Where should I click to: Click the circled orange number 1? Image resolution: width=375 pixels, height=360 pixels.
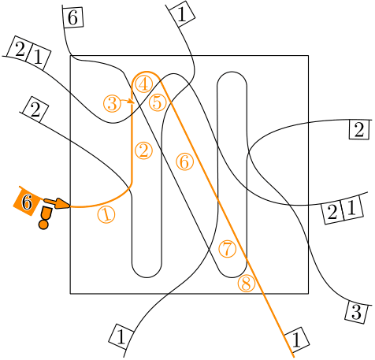[x=106, y=214]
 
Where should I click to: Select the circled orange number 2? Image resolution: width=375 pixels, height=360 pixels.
[x=143, y=150]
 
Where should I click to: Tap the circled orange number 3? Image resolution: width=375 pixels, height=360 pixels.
[x=112, y=103]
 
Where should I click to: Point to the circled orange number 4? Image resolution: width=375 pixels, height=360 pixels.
[x=144, y=84]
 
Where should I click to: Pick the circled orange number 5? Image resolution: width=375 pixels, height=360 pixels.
[x=158, y=102]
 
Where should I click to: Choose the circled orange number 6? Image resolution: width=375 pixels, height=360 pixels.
[x=185, y=161]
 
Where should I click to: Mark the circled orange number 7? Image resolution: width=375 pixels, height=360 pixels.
[x=228, y=249]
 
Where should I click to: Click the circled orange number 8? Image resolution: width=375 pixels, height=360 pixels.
[x=247, y=284]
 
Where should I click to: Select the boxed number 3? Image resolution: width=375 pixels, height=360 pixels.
[x=356, y=313]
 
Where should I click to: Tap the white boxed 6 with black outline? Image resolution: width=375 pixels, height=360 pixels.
[x=73, y=17]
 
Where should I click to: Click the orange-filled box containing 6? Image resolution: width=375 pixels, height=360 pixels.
[x=26, y=202]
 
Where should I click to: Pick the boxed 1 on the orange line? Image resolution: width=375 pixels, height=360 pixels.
[x=296, y=340]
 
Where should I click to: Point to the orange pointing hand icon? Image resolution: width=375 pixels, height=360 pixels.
[x=57, y=203]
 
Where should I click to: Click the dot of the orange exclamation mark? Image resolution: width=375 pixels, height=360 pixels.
[x=43, y=225]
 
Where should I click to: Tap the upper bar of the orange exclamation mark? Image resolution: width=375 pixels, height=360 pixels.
[x=46, y=213]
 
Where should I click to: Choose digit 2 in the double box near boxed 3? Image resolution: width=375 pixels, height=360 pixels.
[x=332, y=212]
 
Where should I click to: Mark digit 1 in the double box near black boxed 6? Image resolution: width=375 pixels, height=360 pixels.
[x=38, y=57]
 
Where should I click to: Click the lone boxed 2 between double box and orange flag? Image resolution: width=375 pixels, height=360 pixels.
[x=35, y=109]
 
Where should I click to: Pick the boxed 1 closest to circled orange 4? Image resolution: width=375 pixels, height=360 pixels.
[x=182, y=14]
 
